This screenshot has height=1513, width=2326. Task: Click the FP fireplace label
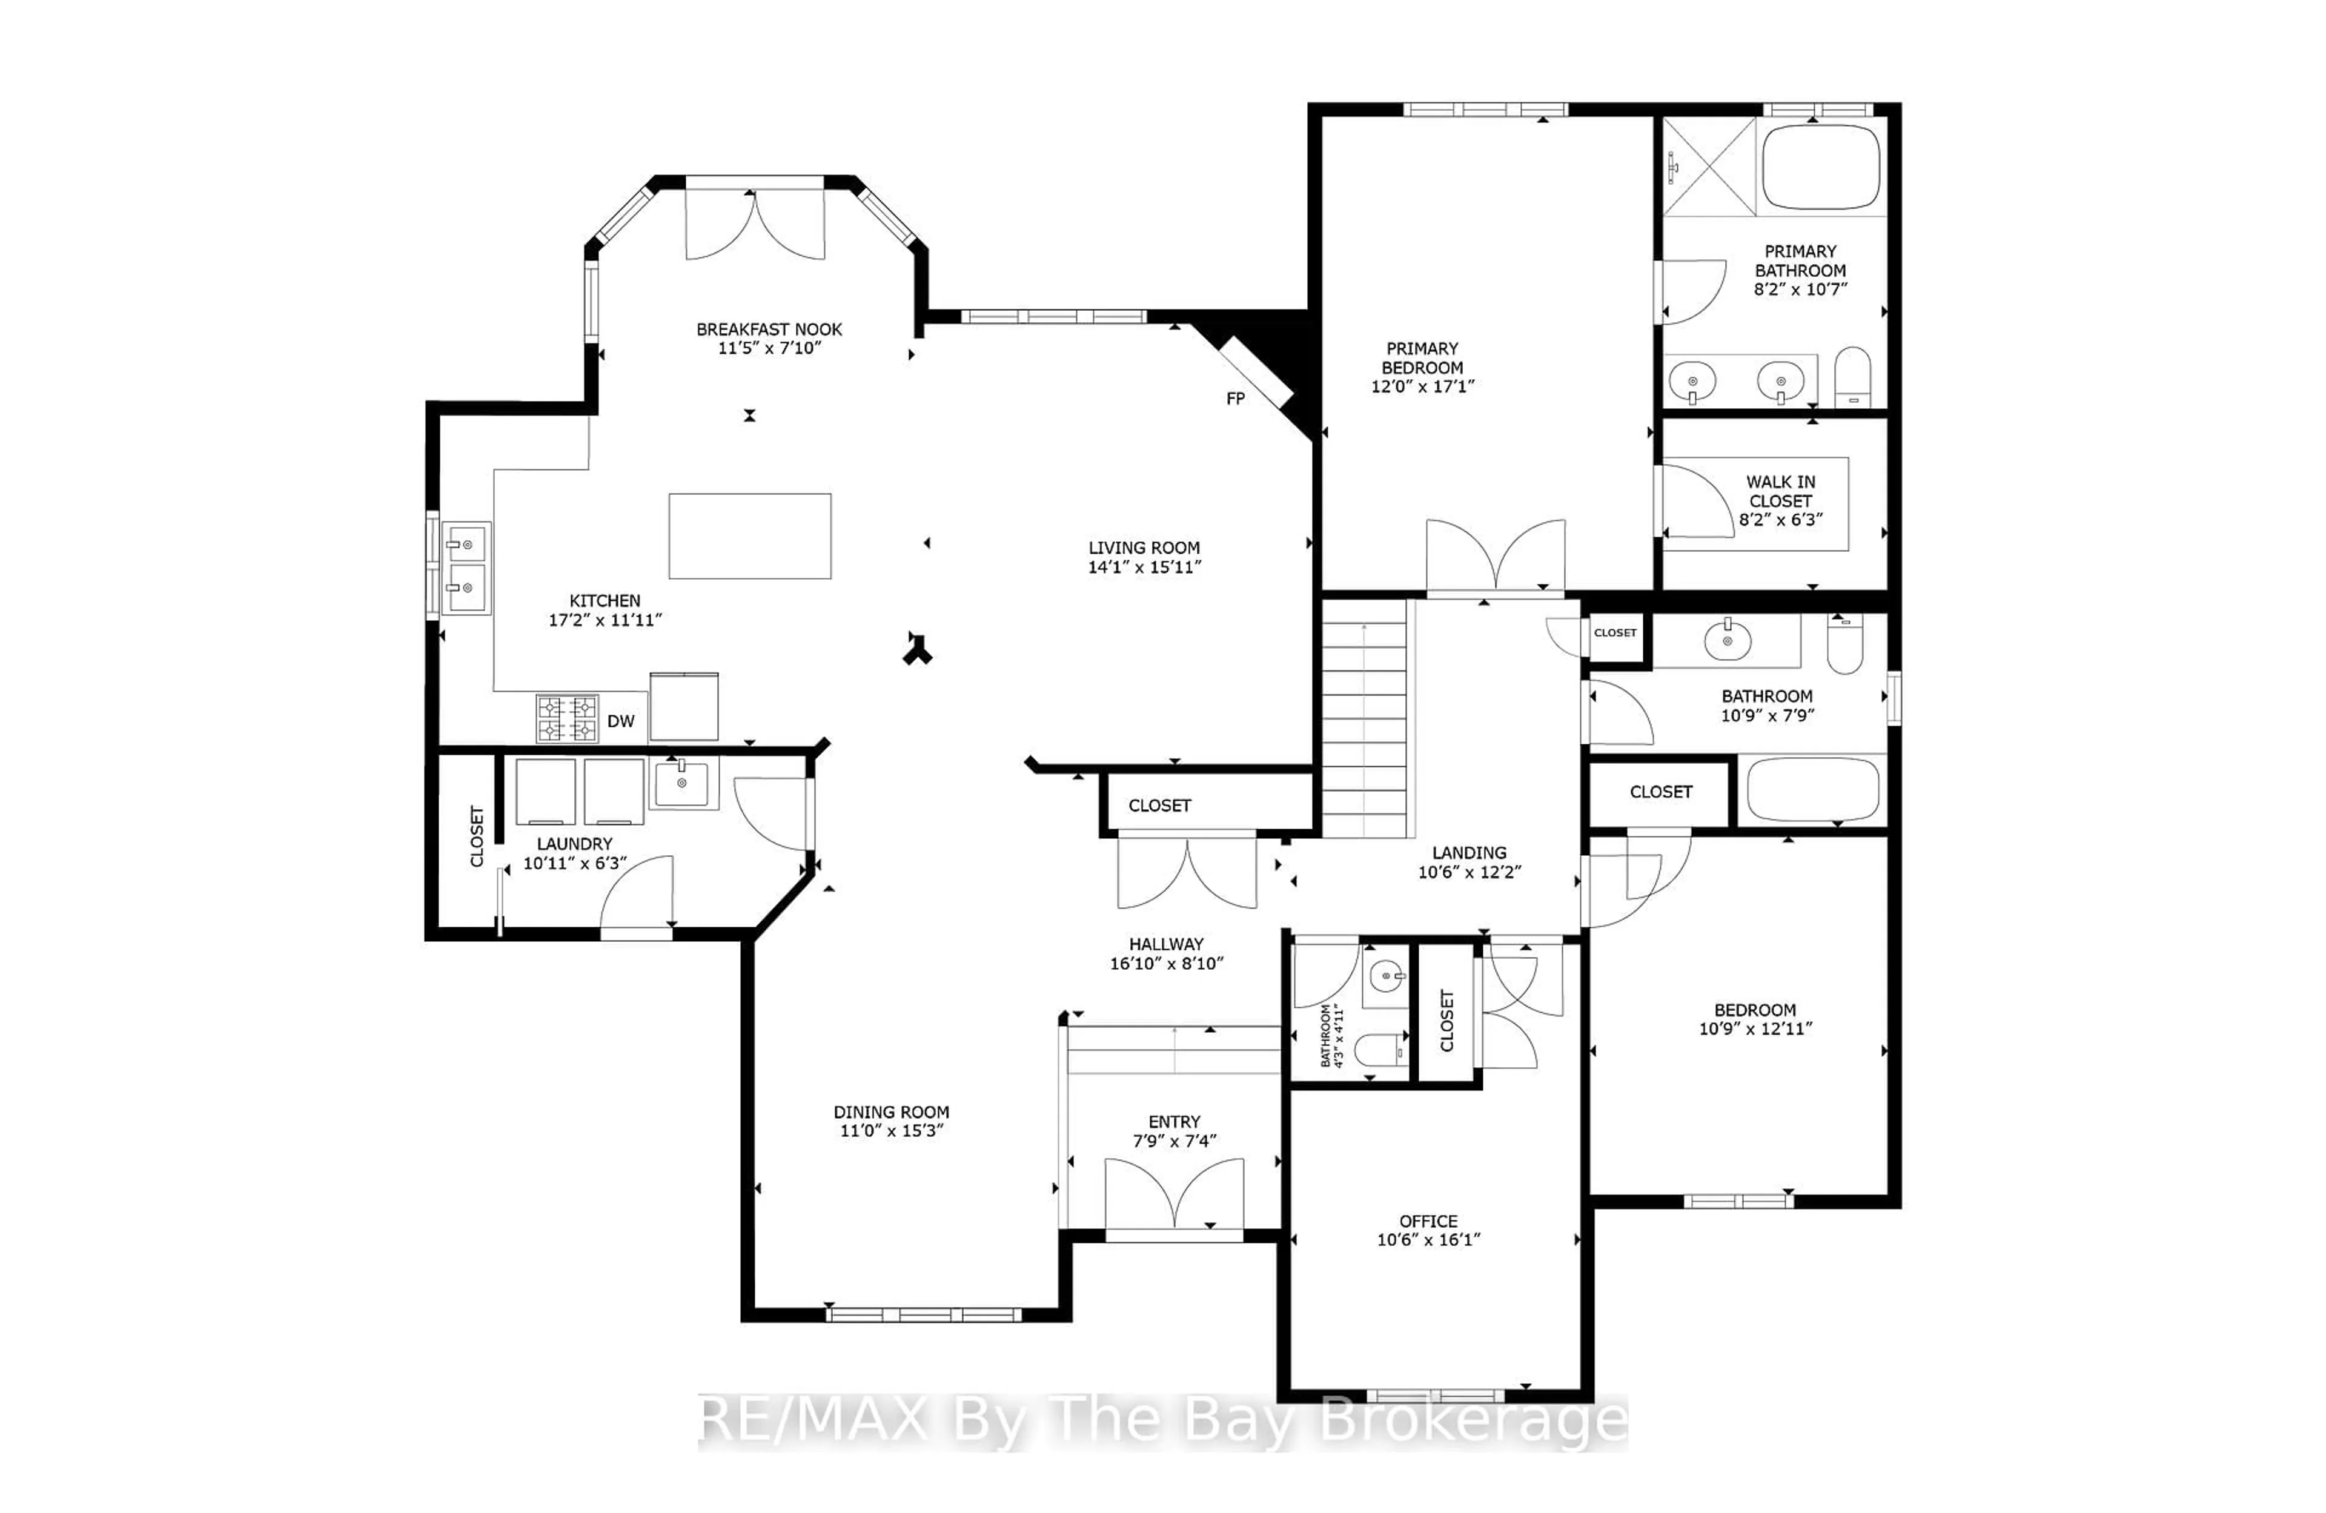pos(1235,399)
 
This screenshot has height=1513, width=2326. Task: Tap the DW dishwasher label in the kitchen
pos(621,721)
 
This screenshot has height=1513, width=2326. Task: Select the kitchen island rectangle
pos(750,535)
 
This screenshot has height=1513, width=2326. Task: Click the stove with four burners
pos(567,718)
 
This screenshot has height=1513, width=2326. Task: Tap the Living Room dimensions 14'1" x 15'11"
pos(1144,567)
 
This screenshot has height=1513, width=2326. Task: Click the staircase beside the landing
pos(1363,718)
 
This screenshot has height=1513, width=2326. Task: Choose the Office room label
pos(1428,1221)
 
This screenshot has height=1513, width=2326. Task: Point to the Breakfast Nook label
pos(769,329)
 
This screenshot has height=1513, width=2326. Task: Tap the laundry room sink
pos(681,783)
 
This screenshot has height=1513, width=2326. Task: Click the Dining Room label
pos(890,1111)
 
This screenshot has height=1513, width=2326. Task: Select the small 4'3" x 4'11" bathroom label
pos(1331,1036)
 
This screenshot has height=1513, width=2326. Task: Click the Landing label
pos(1469,852)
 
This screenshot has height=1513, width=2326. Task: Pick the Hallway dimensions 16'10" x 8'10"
pos(1166,962)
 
